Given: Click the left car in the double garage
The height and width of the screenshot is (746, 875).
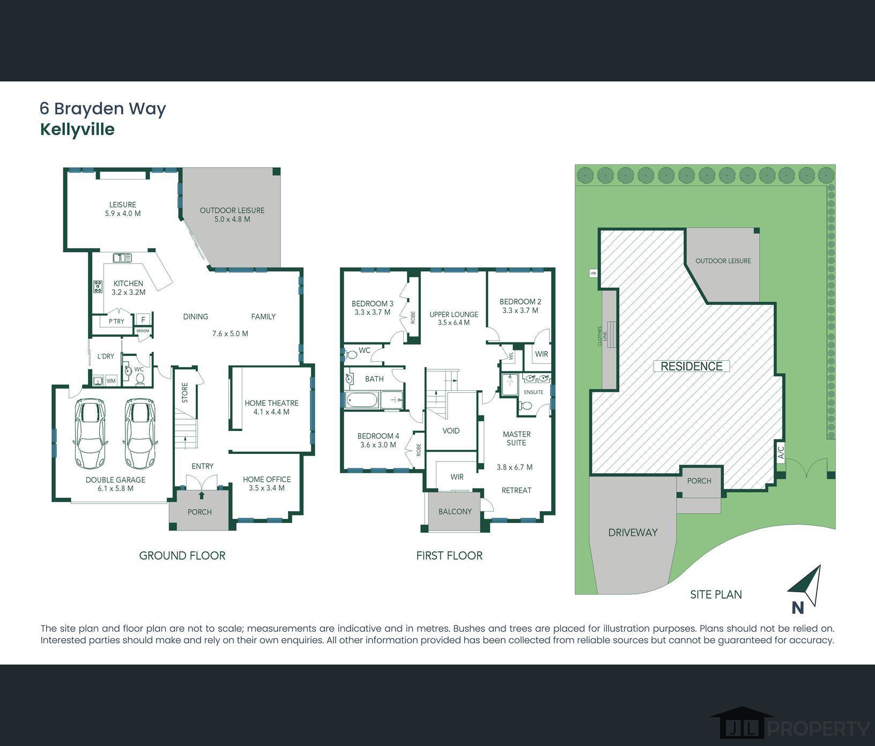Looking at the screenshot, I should tap(91, 434).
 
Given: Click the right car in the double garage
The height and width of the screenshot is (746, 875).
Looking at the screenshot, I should tap(140, 434).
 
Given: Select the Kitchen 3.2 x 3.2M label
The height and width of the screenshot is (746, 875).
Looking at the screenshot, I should tap(128, 288).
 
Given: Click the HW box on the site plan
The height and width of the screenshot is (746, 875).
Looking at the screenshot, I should tap(593, 273).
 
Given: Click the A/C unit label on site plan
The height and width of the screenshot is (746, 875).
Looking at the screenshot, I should tap(781, 453).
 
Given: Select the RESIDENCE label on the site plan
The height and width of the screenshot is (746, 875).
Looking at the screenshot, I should tap(691, 367).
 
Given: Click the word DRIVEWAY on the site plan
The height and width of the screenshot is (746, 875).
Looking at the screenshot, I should tap(633, 532).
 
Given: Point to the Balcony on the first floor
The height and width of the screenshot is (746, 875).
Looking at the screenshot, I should tap(455, 511).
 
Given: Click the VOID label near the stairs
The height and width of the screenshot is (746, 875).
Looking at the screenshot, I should tap(451, 431).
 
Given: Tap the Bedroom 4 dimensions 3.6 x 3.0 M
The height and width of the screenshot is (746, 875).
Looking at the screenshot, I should tap(378, 445).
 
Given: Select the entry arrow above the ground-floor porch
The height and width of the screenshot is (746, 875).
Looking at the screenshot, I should tap(202, 496).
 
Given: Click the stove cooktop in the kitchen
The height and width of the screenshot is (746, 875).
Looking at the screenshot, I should tap(98, 287).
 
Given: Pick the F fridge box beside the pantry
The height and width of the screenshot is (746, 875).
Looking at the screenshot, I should tap(143, 320).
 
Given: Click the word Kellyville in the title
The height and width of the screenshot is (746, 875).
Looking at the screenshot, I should tap(77, 130).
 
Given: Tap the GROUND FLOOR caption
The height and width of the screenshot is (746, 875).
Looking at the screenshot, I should tap(182, 556).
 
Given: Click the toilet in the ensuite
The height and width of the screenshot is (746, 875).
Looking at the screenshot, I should tap(525, 405).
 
